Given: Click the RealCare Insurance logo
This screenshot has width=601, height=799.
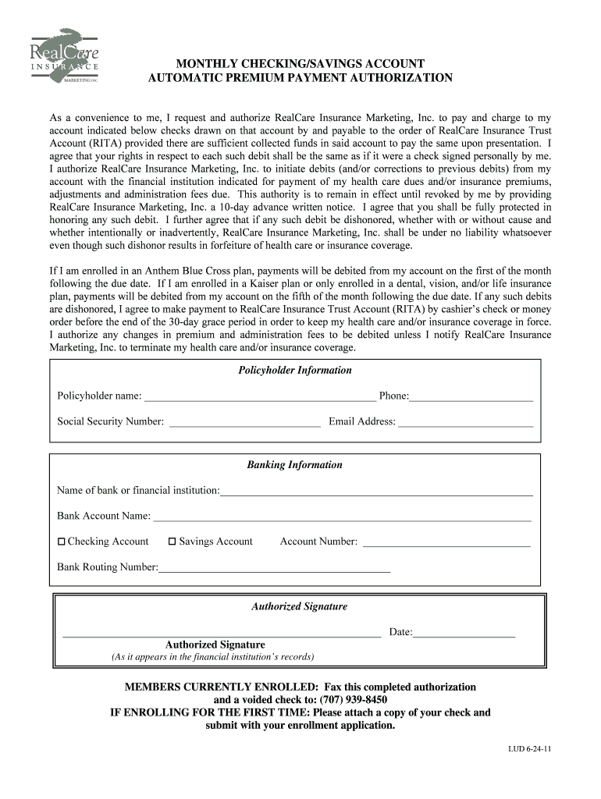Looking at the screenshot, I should (65, 56).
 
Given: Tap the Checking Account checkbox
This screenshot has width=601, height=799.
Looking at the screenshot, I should (62, 542).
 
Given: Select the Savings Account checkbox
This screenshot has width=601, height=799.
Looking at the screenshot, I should (172, 542).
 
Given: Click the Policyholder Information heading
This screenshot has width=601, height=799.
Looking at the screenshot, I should (295, 371).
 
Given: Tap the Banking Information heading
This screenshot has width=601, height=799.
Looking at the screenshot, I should (295, 465).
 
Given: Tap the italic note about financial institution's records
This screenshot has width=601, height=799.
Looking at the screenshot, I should (213, 657).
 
